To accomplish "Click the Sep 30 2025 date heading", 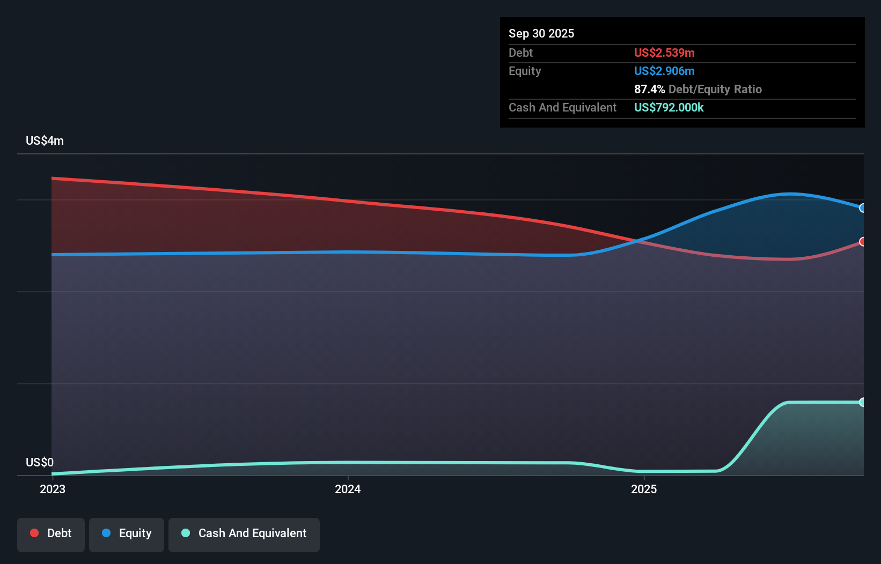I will tap(541, 33).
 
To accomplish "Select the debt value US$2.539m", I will tap(664, 53).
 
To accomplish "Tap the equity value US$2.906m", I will tap(664, 71).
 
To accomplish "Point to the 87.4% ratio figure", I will tap(649, 89).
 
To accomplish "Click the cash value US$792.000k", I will tap(669, 107).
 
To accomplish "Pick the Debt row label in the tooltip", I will tap(520, 53).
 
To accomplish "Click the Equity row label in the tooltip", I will tap(524, 71).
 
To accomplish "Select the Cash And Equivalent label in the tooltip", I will tap(562, 107).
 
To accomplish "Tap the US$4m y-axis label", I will tap(45, 140).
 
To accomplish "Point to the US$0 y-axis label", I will tap(40, 462).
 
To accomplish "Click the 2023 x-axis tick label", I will tap(53, 489).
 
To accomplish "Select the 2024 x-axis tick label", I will tap(348, 489).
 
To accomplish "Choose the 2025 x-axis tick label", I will tap(644, 489).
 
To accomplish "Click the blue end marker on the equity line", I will tap(862, 208).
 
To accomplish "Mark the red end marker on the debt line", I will tap(862, 242).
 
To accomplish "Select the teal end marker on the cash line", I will tap(862, 402).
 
